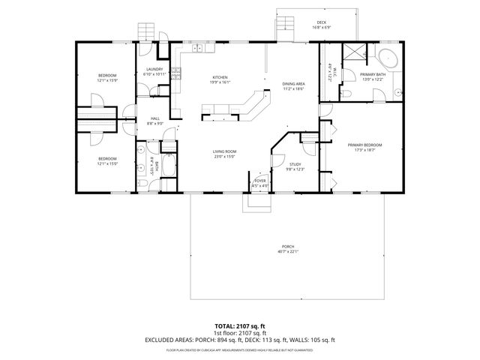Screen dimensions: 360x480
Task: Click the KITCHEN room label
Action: click(x=219, y=78)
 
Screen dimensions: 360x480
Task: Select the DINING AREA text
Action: click(x=293, y=84)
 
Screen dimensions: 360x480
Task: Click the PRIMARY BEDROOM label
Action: click(x=364, y=145)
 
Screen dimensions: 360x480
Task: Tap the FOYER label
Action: click(x=260, y=181)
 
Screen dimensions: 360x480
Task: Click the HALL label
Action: click(x=155, y=118)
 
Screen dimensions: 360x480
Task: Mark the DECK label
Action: click(x=321, y=23)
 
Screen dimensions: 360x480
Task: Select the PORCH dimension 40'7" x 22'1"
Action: click(x=288, y=252)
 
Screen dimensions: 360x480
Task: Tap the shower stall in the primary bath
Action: click(x=352, y=55)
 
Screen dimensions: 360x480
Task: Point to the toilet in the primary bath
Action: click(x=348, y=91)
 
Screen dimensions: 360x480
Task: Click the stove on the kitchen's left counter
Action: click(x=177, y=73)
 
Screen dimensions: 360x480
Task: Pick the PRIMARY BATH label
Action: click(x=373, y=75)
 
